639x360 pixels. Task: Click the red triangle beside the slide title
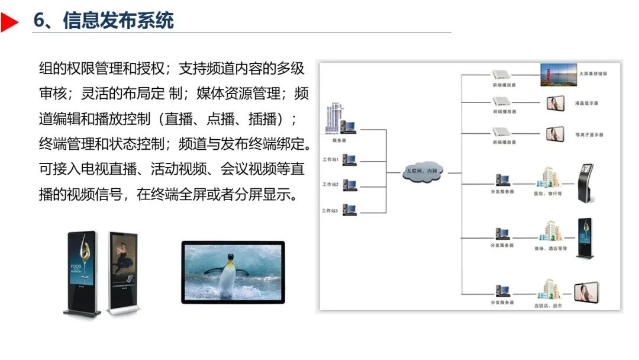click(9, 22)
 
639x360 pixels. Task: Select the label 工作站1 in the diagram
click(330, 160)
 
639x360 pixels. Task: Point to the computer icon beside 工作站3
click(349, 210)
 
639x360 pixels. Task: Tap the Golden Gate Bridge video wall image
click(557, 75)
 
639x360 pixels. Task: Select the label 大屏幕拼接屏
click(593, 74)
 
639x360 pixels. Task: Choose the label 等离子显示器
click(589, 135)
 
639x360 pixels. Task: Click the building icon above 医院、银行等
click(547, 177)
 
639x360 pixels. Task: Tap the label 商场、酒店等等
click(550, 249)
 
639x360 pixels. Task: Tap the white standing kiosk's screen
click(123, 261)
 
